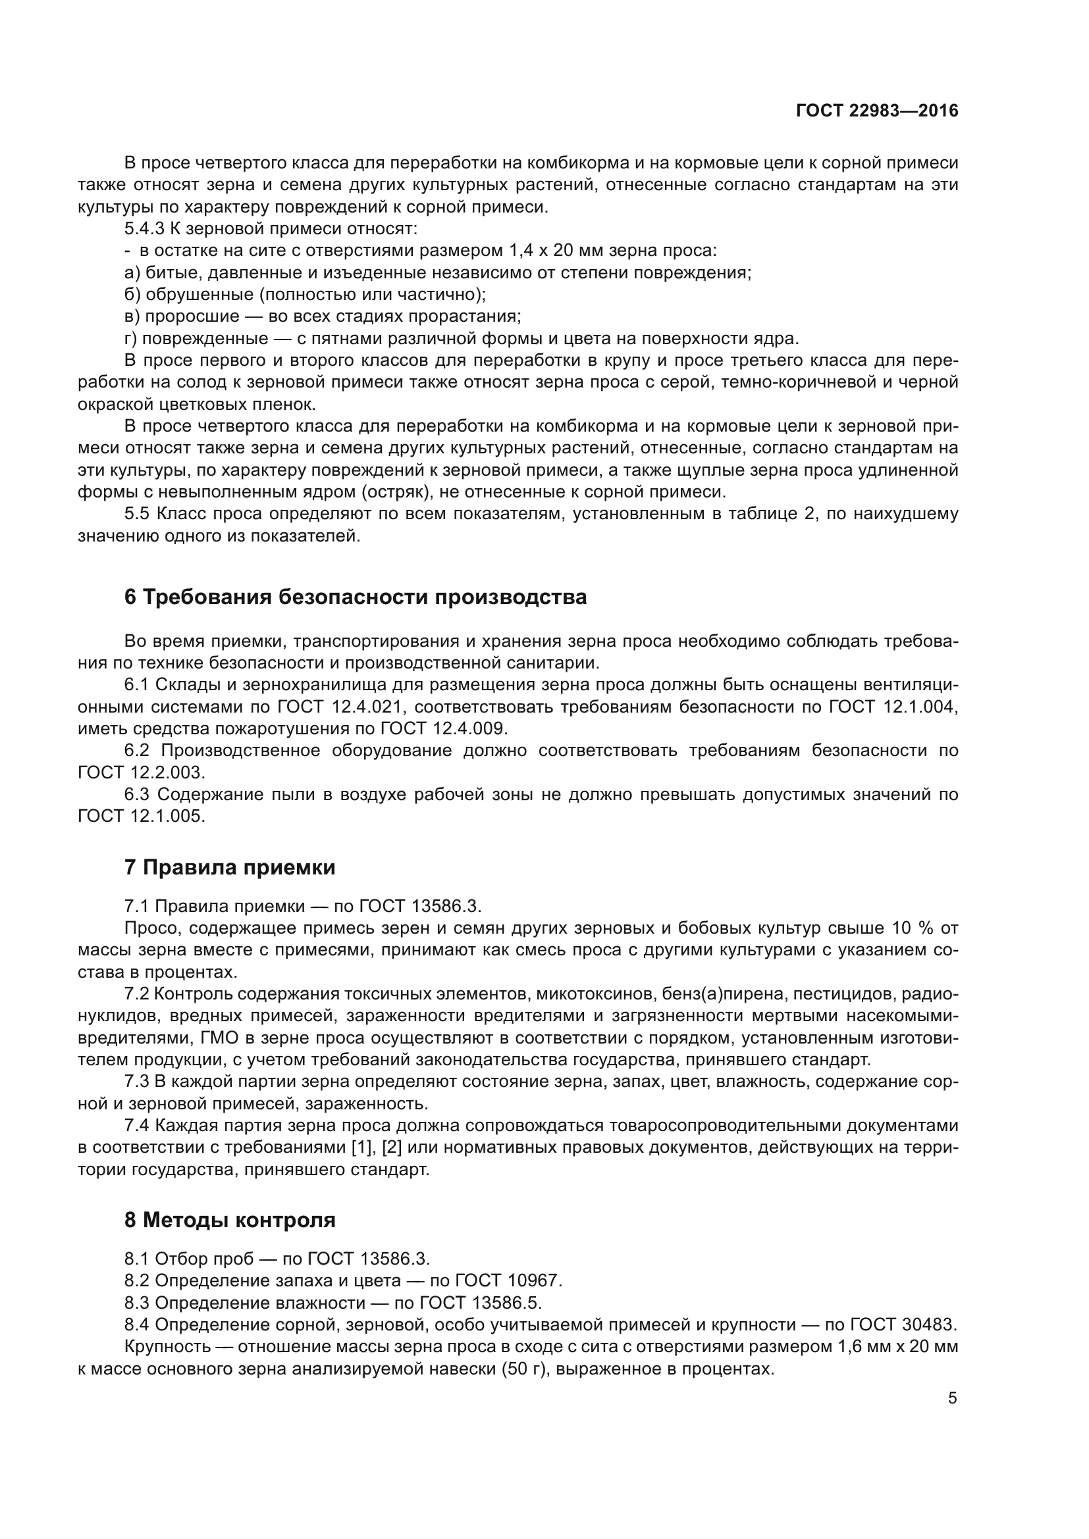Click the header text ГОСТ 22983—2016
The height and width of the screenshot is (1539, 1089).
(x=876, y=111)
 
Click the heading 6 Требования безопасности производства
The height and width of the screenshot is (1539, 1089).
(x=356, y=597)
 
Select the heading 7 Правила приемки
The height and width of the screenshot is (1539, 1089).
(x=229, y=867)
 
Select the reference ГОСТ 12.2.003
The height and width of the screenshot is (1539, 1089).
(x=141, y=772)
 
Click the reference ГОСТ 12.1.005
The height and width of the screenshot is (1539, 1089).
(x=141, y=816)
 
